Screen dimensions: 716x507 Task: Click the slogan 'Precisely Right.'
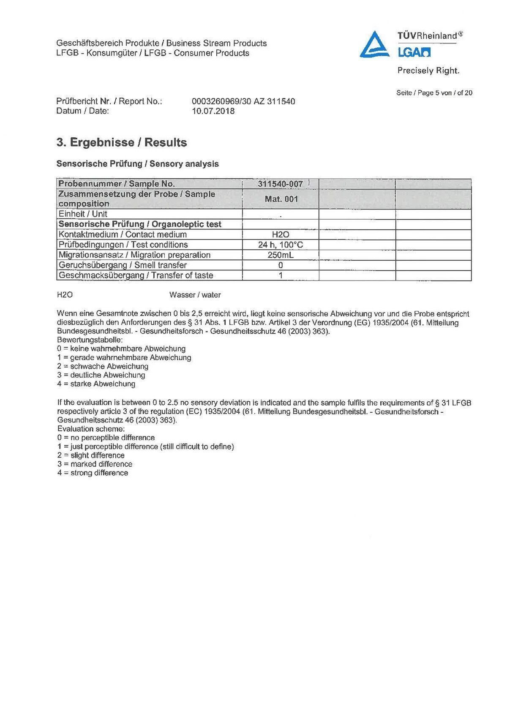coord(428,71)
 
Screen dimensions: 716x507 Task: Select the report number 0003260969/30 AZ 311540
coord(243,101)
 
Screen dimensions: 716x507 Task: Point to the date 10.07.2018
coord(213,111)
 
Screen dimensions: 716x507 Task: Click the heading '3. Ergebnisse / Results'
coord(122,142)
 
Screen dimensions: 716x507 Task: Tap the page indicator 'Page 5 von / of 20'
coord(434,93)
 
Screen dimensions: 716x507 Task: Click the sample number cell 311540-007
coord(280,184)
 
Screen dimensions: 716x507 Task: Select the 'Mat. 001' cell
coord(281,199)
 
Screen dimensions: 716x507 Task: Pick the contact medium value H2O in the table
coord(281,234)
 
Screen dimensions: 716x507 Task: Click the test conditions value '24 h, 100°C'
coord(281,245)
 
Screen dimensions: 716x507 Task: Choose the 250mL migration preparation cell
coord(281,255)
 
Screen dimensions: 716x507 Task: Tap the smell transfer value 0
coord(281,265)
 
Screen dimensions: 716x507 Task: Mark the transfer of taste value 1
coord(281,275)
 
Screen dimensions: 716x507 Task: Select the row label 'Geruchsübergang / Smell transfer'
coord(123,265)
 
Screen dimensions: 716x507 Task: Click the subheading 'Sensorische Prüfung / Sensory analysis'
coord(137,164)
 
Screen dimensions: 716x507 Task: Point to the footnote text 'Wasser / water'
coord(195,295)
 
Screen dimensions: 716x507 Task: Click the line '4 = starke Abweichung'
coord(96,384)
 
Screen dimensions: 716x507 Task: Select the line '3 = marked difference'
coord(95,464)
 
